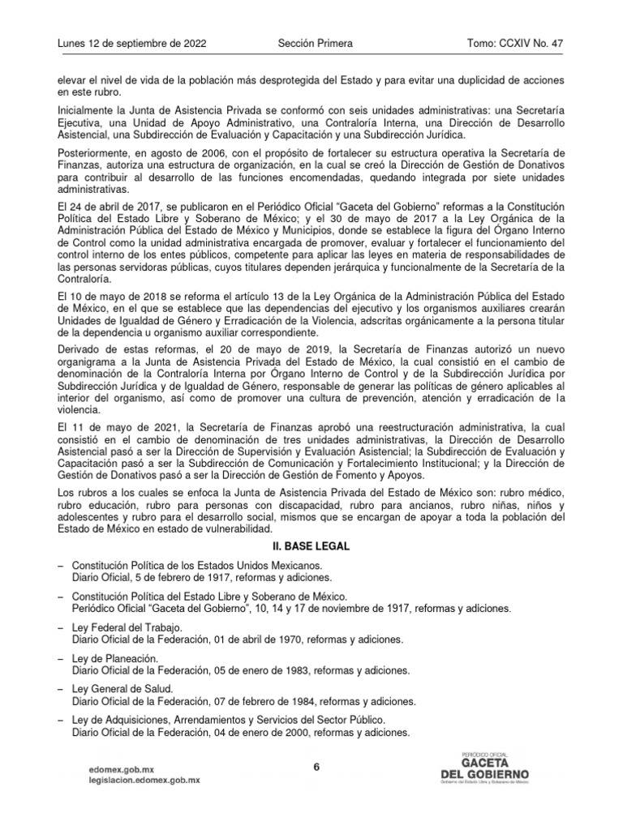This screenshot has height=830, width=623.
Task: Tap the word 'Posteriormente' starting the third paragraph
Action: click(x=87, y=153)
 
